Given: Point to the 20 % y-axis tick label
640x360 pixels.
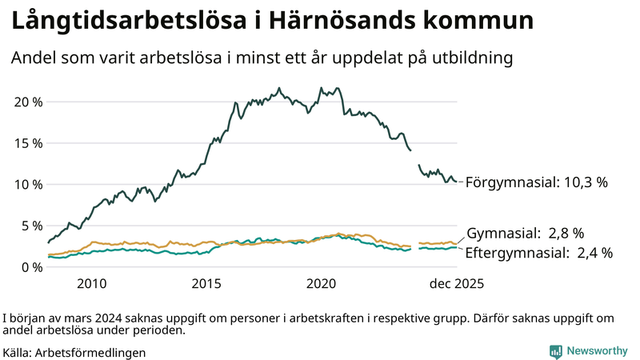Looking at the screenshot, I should click(x=28, y=102).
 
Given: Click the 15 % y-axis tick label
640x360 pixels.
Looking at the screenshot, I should click(x=28, y=143).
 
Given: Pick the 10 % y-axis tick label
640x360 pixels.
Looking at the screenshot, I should click(x=28, y=184).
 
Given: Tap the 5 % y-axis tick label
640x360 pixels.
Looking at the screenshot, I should click(x=31, y=226).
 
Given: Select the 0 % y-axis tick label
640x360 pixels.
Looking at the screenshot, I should click(x=31, y=266).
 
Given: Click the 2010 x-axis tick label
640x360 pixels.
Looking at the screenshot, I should click(x=92, y=283).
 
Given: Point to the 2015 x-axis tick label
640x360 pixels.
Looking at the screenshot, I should click(x=206, y=283).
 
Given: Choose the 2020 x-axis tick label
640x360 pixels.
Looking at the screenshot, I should click(x=321, y=283).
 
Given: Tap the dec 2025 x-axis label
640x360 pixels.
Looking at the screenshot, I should click(x=456, y=283).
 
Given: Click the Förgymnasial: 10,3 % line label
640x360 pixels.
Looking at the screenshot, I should click(x=536, y=182).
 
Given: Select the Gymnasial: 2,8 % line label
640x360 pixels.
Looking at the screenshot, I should click(x=525, y=234).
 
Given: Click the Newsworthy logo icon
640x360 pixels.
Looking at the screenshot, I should click(x=555, y=350).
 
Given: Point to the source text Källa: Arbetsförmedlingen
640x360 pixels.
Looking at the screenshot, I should click(x=74, y=351).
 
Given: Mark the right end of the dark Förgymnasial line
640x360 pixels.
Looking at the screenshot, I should click(x=456, y=182).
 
